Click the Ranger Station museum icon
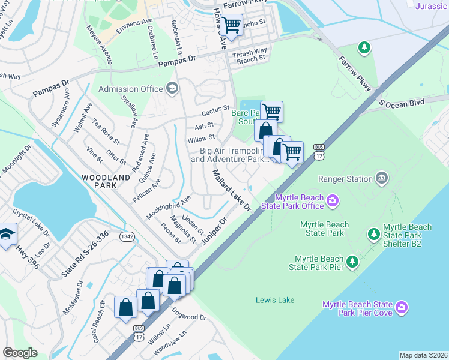(x=381, y=178)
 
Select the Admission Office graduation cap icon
(x=172, y=89)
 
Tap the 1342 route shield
(x=127, y=238)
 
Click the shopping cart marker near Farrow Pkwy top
(x=231, y=25)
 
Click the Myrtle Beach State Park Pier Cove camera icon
(x=403, y=308)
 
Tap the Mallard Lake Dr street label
(x=231, y=190)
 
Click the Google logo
(x=20, y=353)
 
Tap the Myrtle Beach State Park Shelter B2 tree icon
(x=373, y=233)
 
